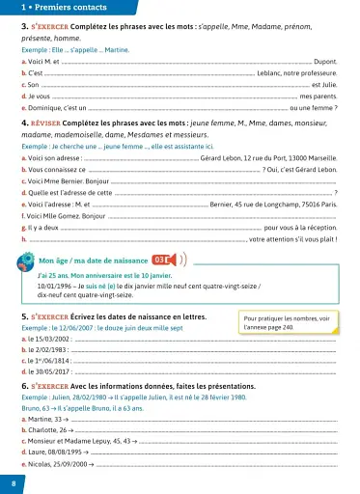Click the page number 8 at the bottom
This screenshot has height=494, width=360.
coord(13,481)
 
